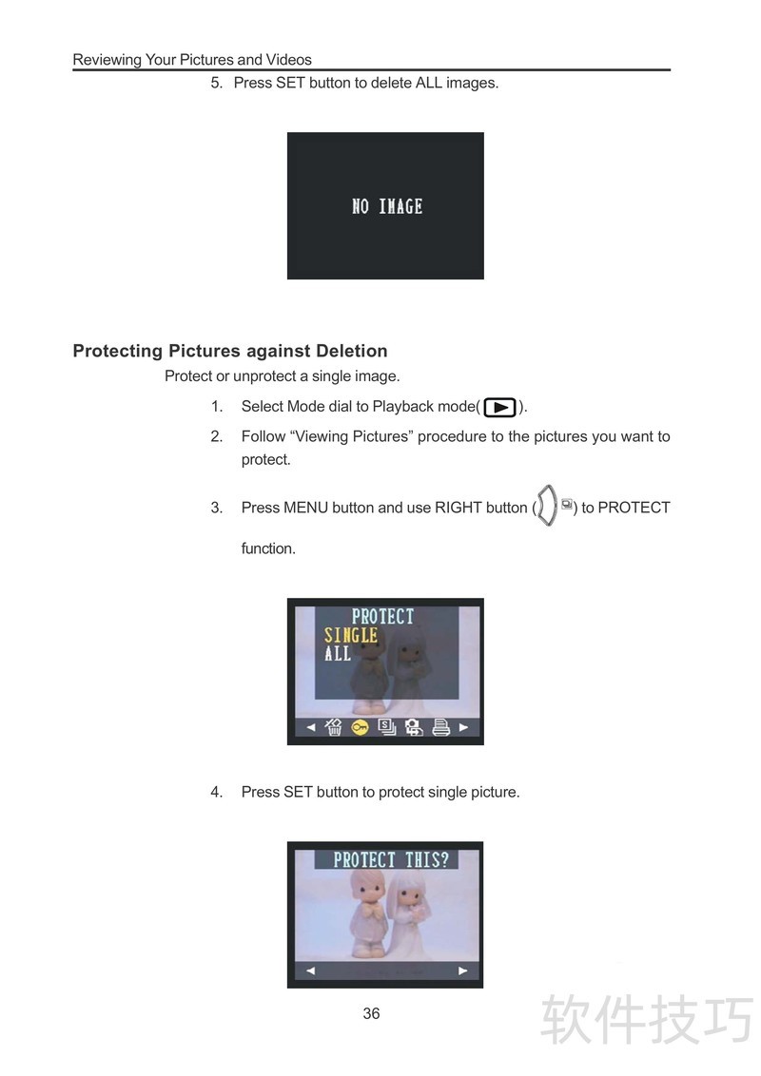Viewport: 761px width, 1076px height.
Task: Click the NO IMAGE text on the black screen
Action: pyautogui.click(x=386, y=206)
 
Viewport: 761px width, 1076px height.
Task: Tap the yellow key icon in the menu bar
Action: pyautogui.click(x=360, y=727)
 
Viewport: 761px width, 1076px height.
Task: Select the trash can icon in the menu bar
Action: pyautogui.click(x=334, y=727)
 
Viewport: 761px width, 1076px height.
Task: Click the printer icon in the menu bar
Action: pyautogui.click(x=441, y=727)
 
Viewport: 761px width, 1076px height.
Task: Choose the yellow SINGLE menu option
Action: pyautogui.click(x=351, y=636)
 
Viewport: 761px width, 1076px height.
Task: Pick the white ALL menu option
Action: pyautogui.click(x=338, y=653)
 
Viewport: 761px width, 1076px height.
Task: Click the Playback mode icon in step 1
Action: pyautogui.click(x=500, y=408)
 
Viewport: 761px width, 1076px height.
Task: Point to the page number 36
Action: pyautogui.click(x=372, y=1013)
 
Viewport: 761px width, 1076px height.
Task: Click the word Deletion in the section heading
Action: pyautogui.click(x=352, y=351)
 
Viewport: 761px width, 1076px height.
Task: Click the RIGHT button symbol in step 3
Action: pyautogui.click(x=547, y=506)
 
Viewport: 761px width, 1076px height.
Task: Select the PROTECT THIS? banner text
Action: pyautogui.click(x=391, y=860)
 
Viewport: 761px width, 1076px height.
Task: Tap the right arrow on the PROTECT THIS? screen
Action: pyautogui.click(x=463, y=970)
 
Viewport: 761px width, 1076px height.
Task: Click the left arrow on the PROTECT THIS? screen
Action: pyautogui.click(x=310, y=970)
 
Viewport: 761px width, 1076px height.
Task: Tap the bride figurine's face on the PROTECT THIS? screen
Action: pyautogui.click(x=409, y=896)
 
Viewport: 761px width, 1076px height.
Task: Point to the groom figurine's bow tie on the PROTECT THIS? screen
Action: pyautogui.click(x=372, y=911)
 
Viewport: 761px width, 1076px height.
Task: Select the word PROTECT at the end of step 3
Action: pyautogui.click(x=634, y=508)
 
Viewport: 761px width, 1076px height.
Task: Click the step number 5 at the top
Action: pyautogui.click(x=215, y=83)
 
